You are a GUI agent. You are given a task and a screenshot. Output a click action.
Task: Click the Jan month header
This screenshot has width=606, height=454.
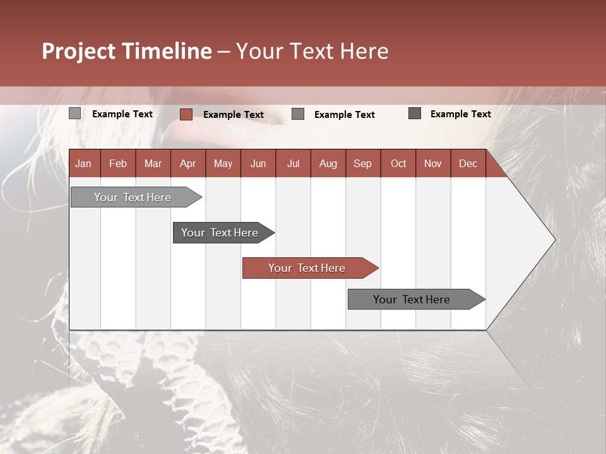(83, 163)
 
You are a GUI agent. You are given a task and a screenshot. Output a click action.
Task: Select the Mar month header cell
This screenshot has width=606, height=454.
(153, 163)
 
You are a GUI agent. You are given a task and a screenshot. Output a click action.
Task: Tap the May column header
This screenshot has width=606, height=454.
(223, 163)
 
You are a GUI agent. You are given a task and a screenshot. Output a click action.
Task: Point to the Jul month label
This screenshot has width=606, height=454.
(293, 163)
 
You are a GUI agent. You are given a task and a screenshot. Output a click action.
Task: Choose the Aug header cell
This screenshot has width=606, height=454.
(328, 163)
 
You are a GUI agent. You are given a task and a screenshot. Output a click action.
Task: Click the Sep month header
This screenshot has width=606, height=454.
(362, 163)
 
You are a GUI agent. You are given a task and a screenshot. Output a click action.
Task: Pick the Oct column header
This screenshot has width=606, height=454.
(398, 163)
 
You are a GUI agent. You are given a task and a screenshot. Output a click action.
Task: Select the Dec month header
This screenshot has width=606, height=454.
(468, 163)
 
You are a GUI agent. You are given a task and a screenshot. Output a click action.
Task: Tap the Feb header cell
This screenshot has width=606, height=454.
(118, 163)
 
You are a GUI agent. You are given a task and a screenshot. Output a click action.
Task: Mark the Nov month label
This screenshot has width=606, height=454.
(433, 163)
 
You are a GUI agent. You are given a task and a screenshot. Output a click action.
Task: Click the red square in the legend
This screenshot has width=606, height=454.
(186, 114)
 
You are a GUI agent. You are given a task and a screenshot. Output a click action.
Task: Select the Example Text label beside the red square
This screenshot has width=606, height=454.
(233, 114)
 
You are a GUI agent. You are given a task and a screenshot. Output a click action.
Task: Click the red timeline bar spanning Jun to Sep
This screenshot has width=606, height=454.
(306, 268)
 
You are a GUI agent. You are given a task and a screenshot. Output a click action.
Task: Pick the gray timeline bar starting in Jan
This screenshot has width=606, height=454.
(133, 197)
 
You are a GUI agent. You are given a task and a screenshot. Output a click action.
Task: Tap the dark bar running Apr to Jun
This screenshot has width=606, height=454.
(220, 233)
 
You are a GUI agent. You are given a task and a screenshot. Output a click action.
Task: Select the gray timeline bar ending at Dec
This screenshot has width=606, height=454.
(411, 300)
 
